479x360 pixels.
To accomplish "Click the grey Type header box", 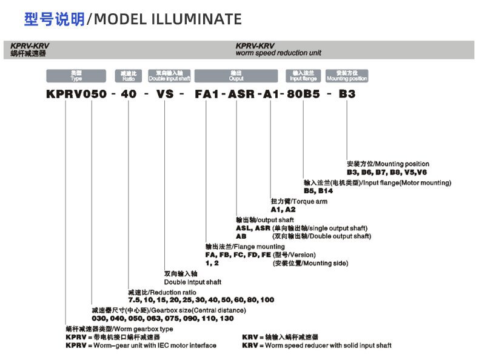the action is point(76,76).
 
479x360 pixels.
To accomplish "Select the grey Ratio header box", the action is point(128,76).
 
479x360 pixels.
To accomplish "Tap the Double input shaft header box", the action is point(169,76).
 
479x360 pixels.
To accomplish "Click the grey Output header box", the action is point(236,76).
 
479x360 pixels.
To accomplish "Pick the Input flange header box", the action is point(303,76).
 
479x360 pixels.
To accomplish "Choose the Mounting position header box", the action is point(347,76).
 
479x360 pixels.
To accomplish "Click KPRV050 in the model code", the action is point(77,94).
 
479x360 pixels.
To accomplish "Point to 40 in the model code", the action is point(129,94).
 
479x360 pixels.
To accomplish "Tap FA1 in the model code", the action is point(207,94).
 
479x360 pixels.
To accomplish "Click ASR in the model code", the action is point(237,94).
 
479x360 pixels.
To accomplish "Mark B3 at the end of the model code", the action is point(347,94).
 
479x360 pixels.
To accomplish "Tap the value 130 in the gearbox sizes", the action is point(225,318).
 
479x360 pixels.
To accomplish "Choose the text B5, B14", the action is point(318,190).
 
